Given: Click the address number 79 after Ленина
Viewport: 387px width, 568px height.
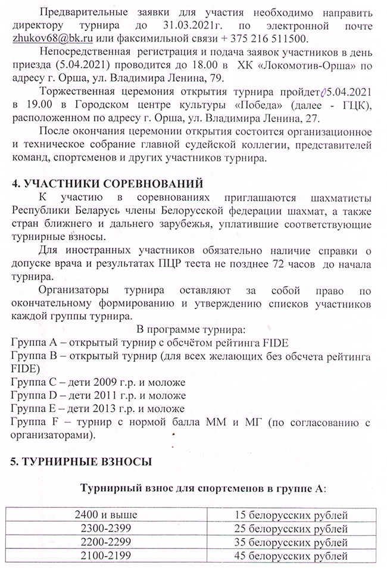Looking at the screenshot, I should pos(202,78).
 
